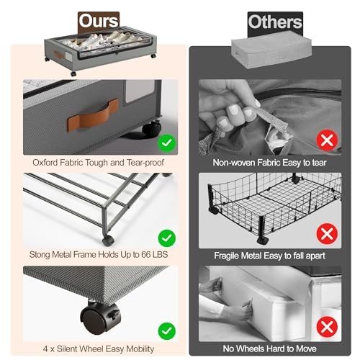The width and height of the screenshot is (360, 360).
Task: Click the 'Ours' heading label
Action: click(x=99, y=21)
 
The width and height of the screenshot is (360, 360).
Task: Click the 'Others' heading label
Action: click(x=275, y=22)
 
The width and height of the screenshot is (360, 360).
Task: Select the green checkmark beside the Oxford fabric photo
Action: click(x=167, y=143)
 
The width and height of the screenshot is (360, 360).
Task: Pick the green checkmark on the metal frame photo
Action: click(x=167, y=238)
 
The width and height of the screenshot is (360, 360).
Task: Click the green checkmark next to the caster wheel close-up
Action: click(x=167, y=331)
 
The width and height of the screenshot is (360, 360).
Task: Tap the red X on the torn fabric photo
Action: click(x=327, y=140)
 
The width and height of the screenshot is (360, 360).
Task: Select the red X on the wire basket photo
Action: click(x=327, y=234)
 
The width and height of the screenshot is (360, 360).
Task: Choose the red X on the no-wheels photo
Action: click(x=327, y=327)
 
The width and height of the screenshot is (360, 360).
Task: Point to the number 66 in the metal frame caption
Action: click(x=146, y=255)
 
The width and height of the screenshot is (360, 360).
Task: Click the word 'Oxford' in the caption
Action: click(x=45, y=163)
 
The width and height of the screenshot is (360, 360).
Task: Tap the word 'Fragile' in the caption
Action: click(x=226, y=256)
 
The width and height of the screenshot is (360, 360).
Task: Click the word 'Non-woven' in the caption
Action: click(x=234, y=163)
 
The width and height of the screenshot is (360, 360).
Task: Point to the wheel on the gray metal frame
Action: click(x=107, y=240)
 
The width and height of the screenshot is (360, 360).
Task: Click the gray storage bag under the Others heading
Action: click(x=271, y=50)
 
